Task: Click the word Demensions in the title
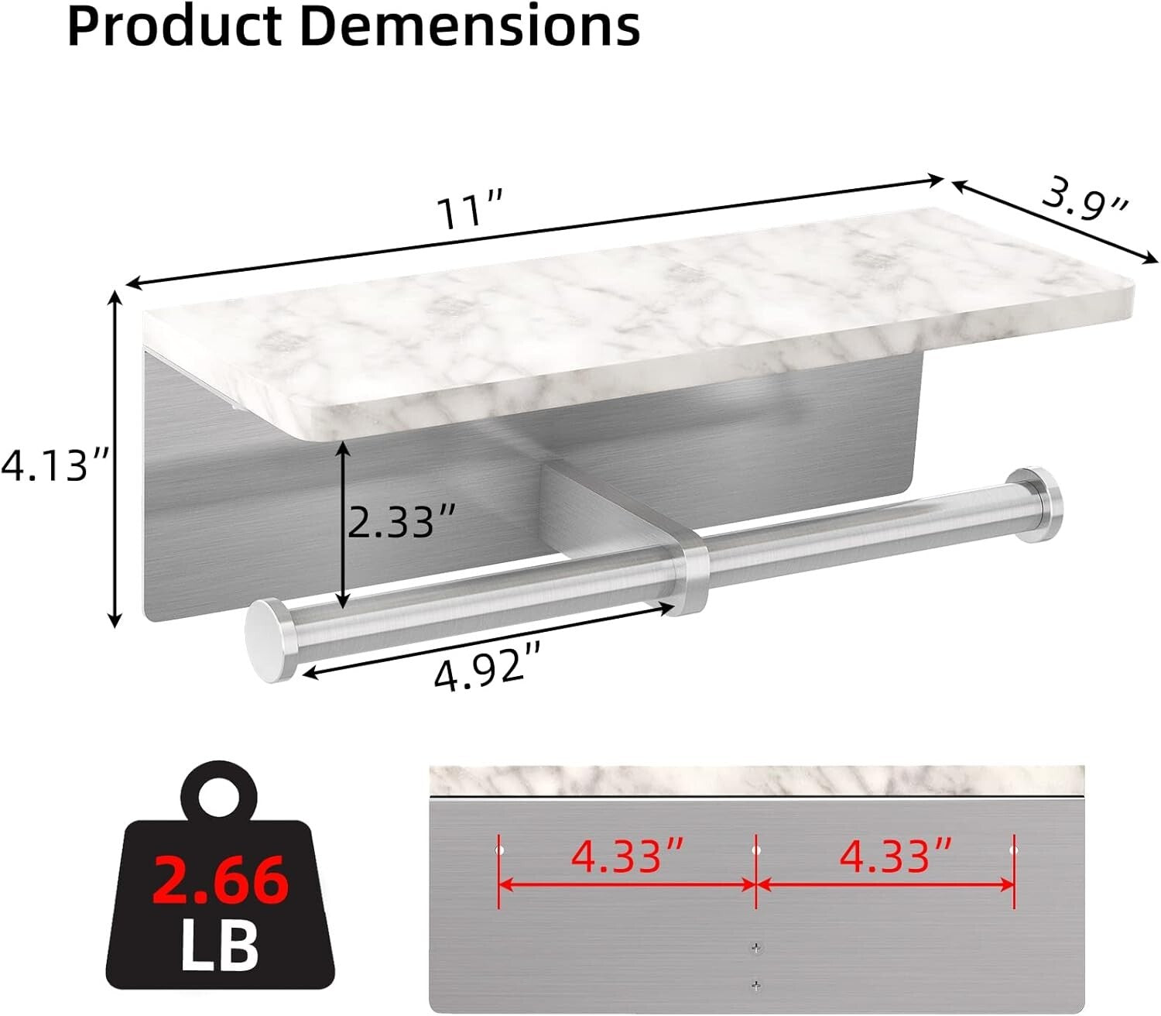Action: (x=470, y=27)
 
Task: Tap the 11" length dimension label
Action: (x=471, y=211)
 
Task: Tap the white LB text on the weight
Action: (x=220, y=944)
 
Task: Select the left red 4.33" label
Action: (x=626, y=856)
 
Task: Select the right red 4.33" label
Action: (x=896, y=856)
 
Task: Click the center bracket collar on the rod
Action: (x=685, y=575)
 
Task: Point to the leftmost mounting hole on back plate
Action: (x=499, y=850)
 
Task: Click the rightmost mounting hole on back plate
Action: (x=1012, y=850)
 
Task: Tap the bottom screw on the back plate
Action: (x=755, y=985)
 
